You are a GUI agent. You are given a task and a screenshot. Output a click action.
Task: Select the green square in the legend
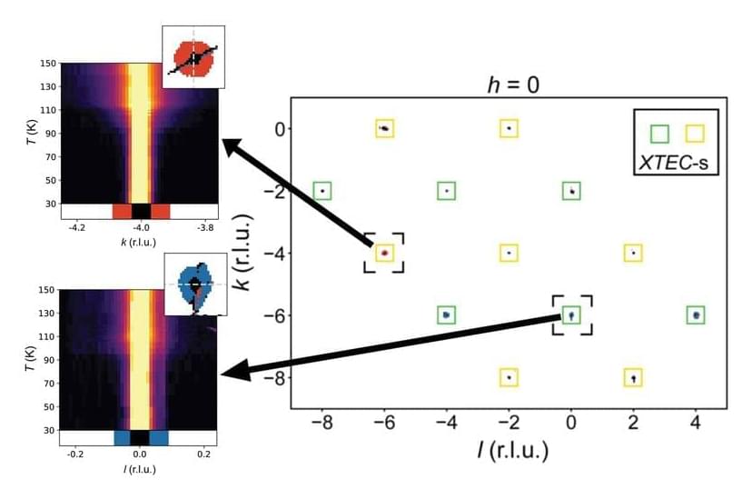pyautogui.click(x=660, y=133)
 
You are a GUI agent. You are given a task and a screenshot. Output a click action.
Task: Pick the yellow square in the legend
pyautogui.click(x=695, y=133)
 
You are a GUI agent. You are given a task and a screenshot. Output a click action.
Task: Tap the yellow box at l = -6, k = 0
pyautogui.click(x=384, y=128)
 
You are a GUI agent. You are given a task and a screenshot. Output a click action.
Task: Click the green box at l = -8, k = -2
pyautogui.click(x=322, y=191)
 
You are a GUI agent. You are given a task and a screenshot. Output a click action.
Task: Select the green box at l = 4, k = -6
pyautogui.click(x=696, y=315)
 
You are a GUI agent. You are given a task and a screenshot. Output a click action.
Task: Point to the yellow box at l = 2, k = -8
pyautogui.click(x=633, y=377)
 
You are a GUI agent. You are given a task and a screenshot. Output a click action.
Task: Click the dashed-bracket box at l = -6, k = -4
pyautogui.click(x=384, y=253)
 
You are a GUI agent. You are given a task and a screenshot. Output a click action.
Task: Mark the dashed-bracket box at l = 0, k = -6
pyautogui.click(x=571, y=315)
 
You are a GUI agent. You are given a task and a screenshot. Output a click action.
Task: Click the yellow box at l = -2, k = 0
pyautogui.click(x=509, y=128)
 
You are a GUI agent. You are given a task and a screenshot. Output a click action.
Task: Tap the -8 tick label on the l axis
pyautogui.click(x=322, y=423)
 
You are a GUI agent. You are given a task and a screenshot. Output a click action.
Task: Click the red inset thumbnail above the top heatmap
pyautogui.click(x=193, y=56)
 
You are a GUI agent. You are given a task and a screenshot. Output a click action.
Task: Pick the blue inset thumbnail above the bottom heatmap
pyautogui.click(x=195, y=284)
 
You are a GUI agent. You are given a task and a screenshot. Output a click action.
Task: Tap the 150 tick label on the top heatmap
pyautogui.click(x=45, y=64)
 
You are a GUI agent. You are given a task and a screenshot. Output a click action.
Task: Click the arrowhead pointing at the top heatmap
pyautogui.click(x=230, y=144)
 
